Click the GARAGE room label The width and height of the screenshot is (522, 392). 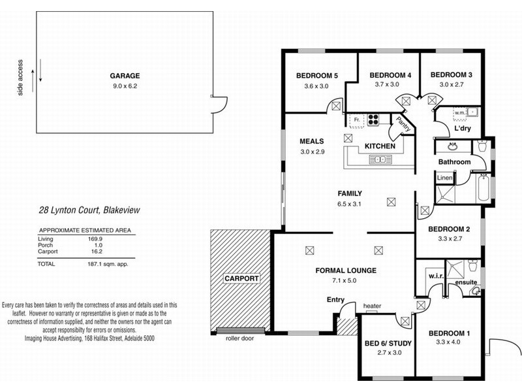pyautogui.click(x=125, y=76)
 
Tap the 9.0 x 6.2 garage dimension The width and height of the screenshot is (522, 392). pyautogui.click(x=125, y=86)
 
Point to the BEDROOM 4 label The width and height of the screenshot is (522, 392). pyautogui.click(x=390, y=75)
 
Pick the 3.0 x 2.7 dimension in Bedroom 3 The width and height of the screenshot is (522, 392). pyautogui.click(x=451, y=85)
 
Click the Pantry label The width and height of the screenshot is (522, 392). pyautogui.click(x=403, y=125)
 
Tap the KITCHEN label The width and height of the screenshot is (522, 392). pyautogui.click(x=379, y=146)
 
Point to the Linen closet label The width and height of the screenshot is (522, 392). pyautogui.click(x=444, y=178)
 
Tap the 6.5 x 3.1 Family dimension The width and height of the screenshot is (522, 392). pyautogui.click(x=349, y=204)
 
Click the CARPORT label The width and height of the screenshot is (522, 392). pyautogui.click(x=242, y=278)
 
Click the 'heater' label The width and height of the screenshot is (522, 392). pyautogui.click(x=372, y=306)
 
